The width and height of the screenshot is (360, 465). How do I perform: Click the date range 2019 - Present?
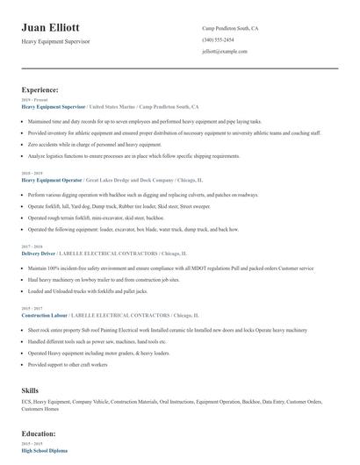pos(34,100)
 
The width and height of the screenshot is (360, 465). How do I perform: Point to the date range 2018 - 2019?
pos(31,173)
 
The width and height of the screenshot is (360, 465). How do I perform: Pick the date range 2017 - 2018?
pos(31,247)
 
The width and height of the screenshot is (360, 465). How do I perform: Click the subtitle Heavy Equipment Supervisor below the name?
pos(55,42)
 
